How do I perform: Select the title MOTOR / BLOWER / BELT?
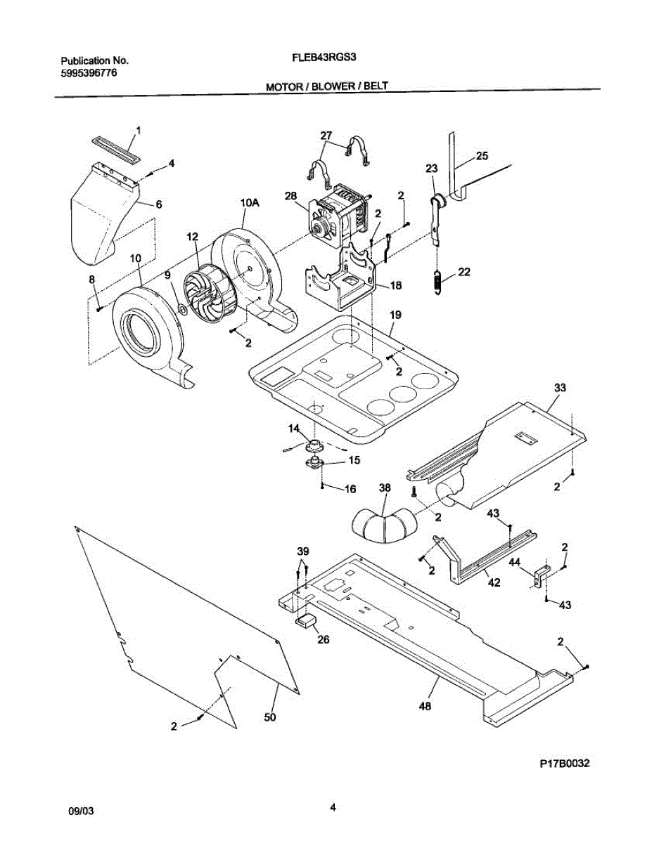(326, 87)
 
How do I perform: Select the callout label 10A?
(250, 203)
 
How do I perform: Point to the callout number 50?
(270, 717)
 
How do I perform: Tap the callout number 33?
(560, 387)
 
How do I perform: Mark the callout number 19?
(395, 316)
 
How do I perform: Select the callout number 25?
(481, 156)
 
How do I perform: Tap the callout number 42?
(494, 582)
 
